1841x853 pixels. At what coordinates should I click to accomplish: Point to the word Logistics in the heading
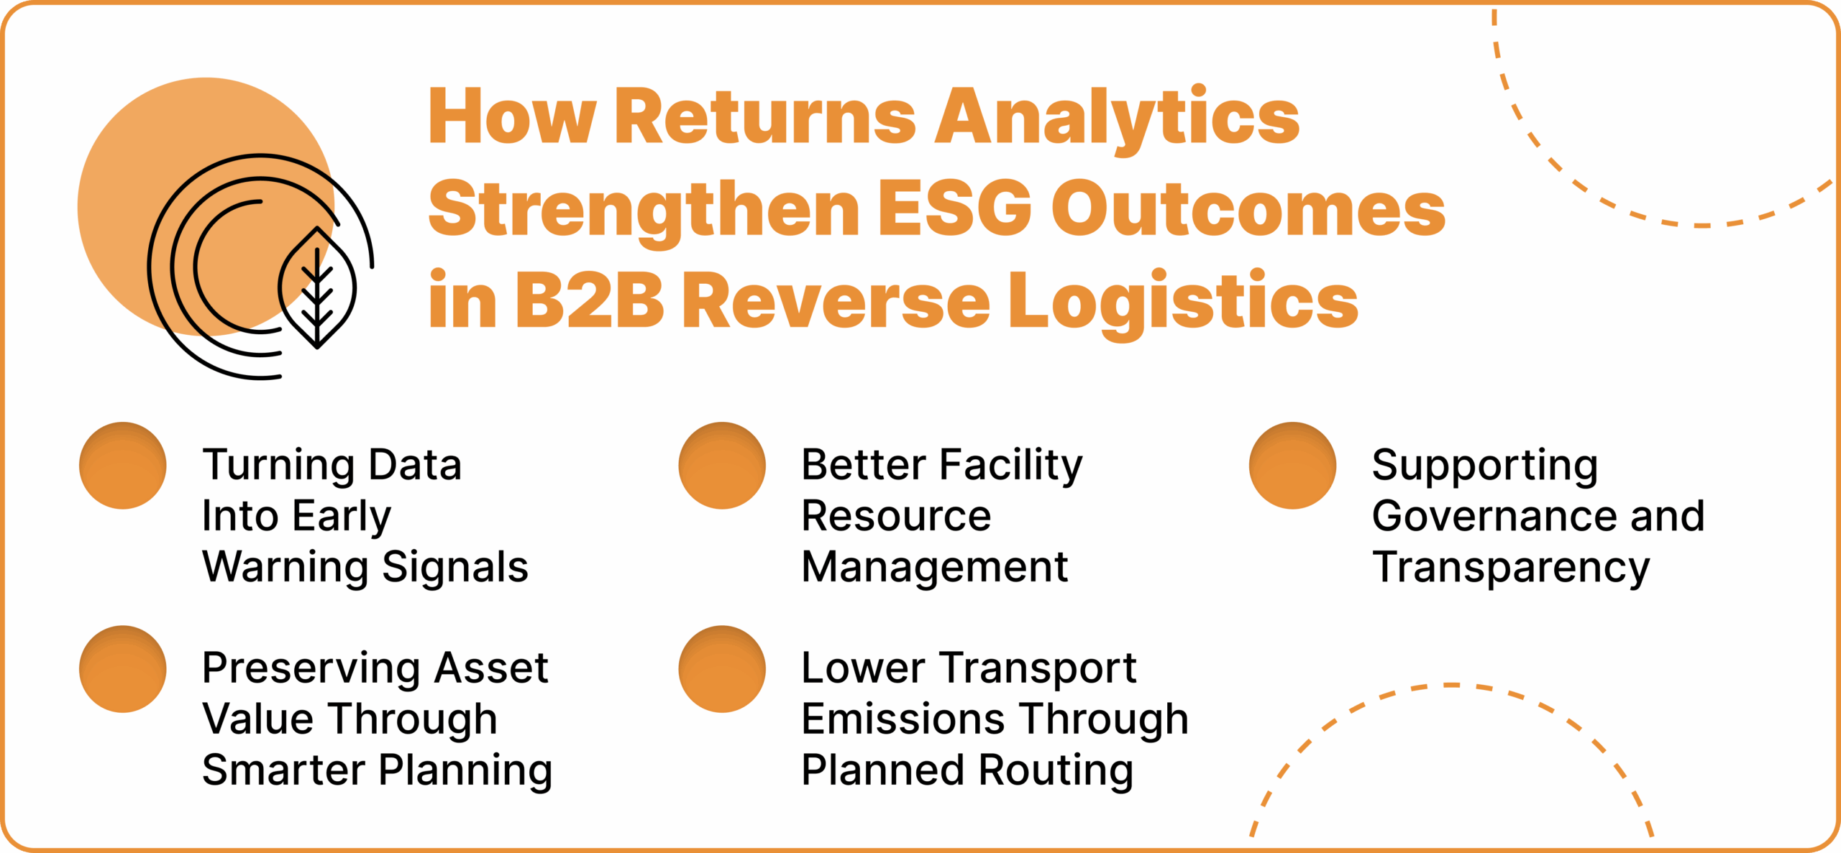1183,301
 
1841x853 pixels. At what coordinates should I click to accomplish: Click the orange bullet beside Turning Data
123,466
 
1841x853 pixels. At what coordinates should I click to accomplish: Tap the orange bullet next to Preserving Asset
123,669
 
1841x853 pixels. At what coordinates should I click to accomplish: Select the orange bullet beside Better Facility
722,466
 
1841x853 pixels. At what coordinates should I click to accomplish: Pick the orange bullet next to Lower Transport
722,669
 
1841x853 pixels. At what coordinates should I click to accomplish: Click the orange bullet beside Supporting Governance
1292,466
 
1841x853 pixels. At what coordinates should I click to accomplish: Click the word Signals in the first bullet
455,568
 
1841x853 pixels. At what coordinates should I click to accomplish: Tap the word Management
934,568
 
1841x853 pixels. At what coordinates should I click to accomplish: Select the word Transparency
1510,568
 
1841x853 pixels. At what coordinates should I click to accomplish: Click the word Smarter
283,770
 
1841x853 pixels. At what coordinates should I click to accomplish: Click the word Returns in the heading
765,118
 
